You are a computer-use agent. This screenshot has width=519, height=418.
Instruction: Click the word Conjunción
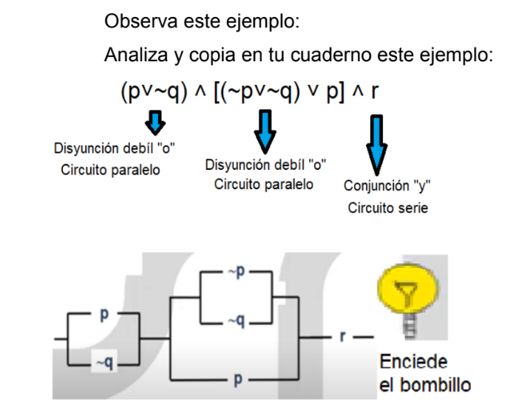click(379, 185)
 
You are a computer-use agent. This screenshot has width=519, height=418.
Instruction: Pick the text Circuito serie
click(387, 208)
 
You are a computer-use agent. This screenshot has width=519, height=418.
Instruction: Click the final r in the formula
click(375, 92)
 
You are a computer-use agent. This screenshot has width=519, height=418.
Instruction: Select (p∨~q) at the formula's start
click(149, 92)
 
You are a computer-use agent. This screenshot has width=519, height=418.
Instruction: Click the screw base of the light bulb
click(405, 326)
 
